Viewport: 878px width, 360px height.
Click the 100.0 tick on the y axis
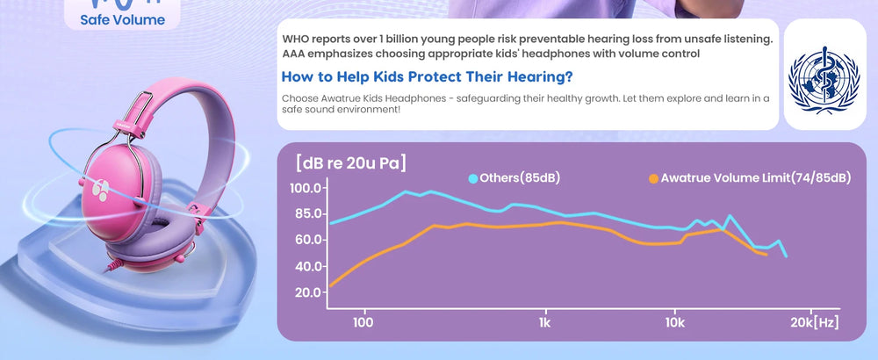click(x=306, y=188)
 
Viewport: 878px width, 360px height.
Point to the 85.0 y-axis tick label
click(x=306, y=214)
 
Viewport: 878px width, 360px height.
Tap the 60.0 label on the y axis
click(x=306, y=241)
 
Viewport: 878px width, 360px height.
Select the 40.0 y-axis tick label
click(x=306, y=267)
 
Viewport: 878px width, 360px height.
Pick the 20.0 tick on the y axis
click(x=306, y=292)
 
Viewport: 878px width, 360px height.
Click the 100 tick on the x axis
click(x=363, y=323)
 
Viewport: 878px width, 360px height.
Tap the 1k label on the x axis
click(x=545, y=323)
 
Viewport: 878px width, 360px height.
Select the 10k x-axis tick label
click(x=674, y=323)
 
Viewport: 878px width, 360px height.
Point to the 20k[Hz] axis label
click(x=814, y=323)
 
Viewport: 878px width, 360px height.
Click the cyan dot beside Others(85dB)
click(x=473, y=178)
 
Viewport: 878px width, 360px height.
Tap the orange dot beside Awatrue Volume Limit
click(x=653, y=178)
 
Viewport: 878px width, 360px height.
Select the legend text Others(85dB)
click(x=520, y=178)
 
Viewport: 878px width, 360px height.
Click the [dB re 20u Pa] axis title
click(x=351, y=163)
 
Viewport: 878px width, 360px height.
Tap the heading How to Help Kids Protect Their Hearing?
click(x=427, y=76)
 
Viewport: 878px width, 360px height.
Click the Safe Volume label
click(x=123, y=20)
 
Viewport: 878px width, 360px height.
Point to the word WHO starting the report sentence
click(x=295, y=40)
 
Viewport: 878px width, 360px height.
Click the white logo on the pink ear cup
click(x=100, y=191)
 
